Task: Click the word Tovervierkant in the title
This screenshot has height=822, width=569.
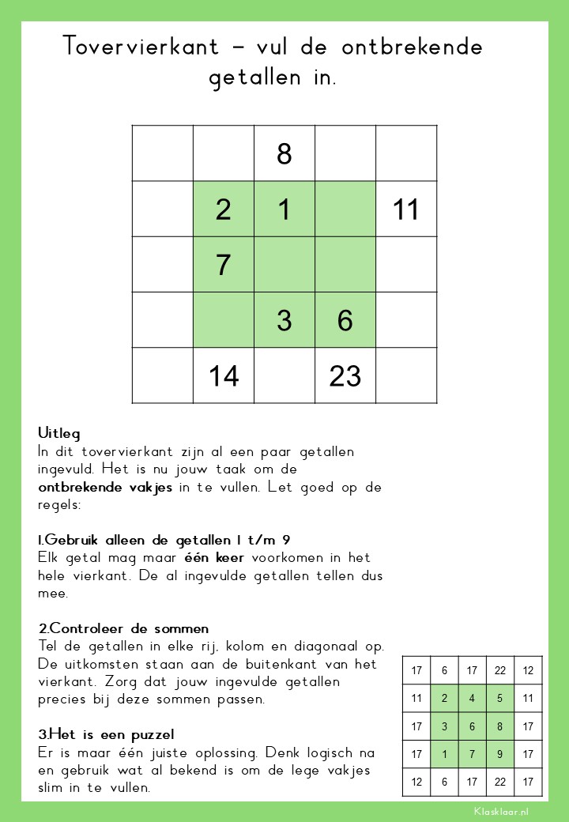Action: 141,47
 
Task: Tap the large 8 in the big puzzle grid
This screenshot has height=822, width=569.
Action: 284,154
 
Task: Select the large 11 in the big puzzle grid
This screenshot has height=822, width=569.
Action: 405,209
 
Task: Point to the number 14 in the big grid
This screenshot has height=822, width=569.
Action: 224,376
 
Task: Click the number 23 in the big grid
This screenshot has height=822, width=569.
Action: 345,376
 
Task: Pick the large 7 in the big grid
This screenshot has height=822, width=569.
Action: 224,265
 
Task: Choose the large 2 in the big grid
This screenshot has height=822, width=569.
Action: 224,209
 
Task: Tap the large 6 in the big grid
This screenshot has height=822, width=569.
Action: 345,321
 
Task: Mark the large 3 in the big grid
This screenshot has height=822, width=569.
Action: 284,321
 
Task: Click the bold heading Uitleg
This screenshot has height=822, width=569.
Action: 59,434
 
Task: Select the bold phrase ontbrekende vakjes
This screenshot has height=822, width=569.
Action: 105,488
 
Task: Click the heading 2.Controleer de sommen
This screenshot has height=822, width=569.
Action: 124,628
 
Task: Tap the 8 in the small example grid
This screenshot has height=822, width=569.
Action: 500,726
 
